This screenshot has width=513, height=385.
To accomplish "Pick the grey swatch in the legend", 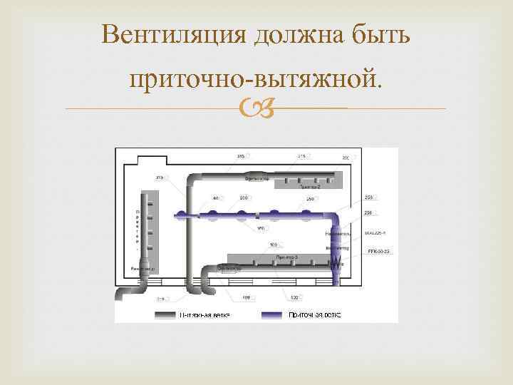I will (x=171, y=314).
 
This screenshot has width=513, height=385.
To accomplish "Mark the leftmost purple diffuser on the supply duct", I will (x=183, y=214).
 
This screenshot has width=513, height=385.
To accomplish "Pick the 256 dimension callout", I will (x=368, y=212).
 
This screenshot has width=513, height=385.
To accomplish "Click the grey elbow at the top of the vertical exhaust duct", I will (x=194, y=179).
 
